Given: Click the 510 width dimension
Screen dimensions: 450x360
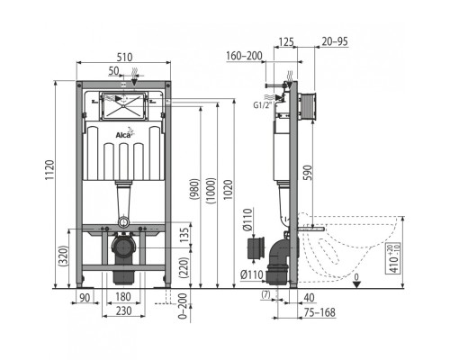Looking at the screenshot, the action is pyautogui.click(x=124, y=57).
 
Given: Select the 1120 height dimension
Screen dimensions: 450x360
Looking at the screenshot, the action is pyautogui.click(x=49, y=170).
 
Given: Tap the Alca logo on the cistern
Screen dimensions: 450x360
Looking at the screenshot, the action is pyautogui.click(x=124, y=133).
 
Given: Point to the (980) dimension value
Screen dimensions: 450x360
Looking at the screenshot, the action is pyautogui.click(x=194, y=190).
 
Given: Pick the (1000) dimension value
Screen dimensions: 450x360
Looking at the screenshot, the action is pyautogui.click(x=211, y=191).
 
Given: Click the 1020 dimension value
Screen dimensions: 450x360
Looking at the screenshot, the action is pyautogui.click(x=229, y=190).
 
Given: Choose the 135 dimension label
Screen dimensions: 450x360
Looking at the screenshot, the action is pyautogui.click(x=185, y=235).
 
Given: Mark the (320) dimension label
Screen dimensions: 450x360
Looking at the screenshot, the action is pyautogui.click(x=64, y=256).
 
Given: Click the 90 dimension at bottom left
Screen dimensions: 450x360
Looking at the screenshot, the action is pyautogui.click(x=85, y=298).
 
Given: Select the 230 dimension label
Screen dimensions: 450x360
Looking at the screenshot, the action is pyautogui.click(x=123, y=310).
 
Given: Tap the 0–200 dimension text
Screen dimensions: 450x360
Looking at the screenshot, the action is pyautogui.click(x=183, y=305).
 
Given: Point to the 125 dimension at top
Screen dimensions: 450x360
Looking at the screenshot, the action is pyautogui.click(x=286, y=41).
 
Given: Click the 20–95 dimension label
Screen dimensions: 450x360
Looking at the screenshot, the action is pyautogui.click(x=335, y=41).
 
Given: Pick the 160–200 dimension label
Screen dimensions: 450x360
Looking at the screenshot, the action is pyautogui.click(x=244, y=56).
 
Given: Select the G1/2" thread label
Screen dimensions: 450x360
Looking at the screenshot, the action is pyautogui.click(x=262, y=105).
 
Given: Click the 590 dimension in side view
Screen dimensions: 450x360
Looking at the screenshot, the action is pyautogui.click(x=308, y=173).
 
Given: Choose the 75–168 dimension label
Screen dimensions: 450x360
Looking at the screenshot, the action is pyautogui.click(x=319, y=312).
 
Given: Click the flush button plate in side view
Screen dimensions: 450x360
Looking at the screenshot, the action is pyautogui.click(x=307, y=106).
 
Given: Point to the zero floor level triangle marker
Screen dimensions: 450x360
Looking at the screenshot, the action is pyautogui.click(x=356, y=284).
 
